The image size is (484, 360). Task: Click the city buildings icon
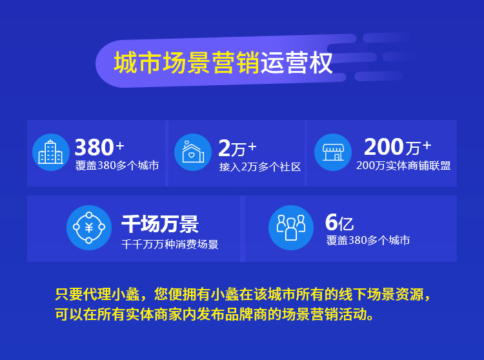pyautogui.click(x=50, y=152)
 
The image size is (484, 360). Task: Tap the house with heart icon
pyautogui.click(x=192, y=152)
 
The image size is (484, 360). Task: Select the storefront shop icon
pyautogui.click(x=333, y=152)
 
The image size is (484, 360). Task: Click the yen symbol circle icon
pyautogui.click(x=89, y=228)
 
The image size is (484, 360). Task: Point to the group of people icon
pyautogui.click(x=291, y=228)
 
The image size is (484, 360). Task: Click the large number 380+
pyautogui.click(x=99, y=147)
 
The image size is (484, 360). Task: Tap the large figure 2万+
pyautogui.click(x=237, y=148)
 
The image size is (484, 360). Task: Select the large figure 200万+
pyautogui.click(x=398, y=146)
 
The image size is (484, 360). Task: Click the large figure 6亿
pyautogui.click(x=339, y=222)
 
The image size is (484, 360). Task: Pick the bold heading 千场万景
pyautogui.click(x=160, y=224)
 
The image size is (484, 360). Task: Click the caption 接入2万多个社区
pyautogui.click(x=260, y=167)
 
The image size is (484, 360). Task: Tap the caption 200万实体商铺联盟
pyautogui.click(x=403, y=166)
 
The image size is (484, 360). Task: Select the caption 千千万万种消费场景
pyautogui.click(x=170, y=245)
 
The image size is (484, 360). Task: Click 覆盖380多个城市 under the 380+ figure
pyautogui.click(x=117, y=166)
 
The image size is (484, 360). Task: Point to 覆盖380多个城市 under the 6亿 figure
pyautogui.click(x=368, y=240)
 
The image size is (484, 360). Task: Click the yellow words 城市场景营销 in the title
pyautogui.click(x=187, y=63)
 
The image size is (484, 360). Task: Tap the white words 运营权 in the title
pyautogui.click(x=297, y=63)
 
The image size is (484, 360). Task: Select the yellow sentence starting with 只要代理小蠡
pyautogui.click(x=243, y=294)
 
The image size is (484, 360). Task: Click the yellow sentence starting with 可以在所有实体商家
pyautogui.click(x=215, y=314)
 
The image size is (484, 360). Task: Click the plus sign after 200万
pyautogui.click(x=427, y=145)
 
